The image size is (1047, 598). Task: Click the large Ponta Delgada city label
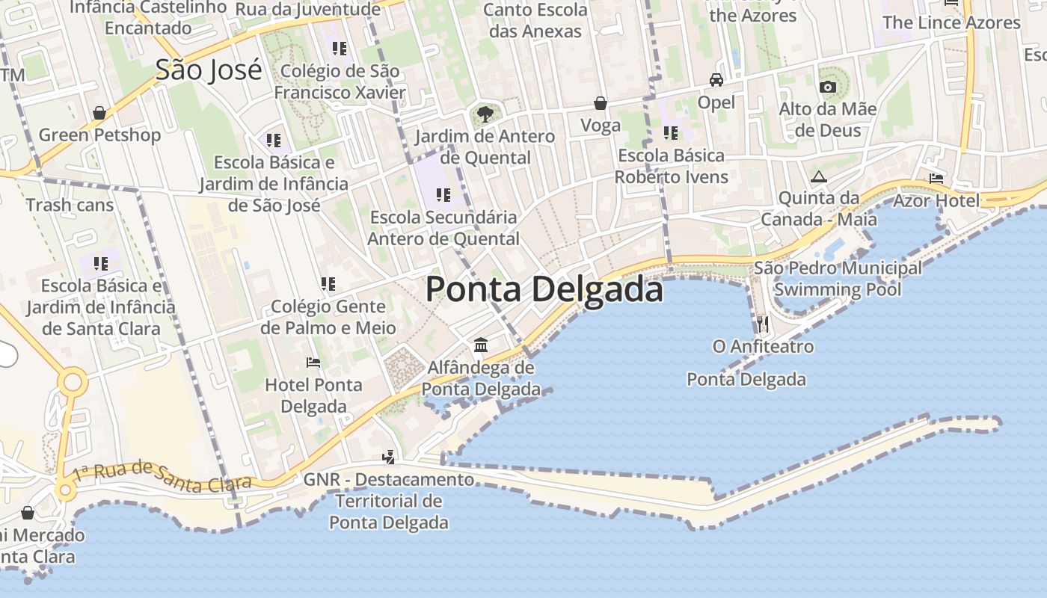click(544, 290)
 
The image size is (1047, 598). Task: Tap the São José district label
click(209, 70)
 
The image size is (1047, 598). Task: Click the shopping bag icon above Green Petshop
click(99, 113)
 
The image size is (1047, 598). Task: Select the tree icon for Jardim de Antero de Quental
click(485, 114)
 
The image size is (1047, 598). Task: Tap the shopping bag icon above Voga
click(601, 103)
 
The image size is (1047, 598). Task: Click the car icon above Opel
click(716, 80)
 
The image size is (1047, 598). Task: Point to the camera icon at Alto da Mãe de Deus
click(827, 87)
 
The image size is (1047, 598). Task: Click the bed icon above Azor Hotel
click(936, 179)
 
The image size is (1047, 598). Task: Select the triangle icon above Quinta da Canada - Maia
click(818, 177)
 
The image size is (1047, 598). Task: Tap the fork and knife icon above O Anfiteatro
click(762, 324)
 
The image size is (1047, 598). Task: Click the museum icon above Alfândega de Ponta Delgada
click(481, 345)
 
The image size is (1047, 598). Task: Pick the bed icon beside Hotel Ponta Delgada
click(313, 363)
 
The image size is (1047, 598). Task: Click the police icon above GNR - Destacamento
click(388, 457)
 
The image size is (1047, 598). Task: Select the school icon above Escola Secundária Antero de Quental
click(443, 195)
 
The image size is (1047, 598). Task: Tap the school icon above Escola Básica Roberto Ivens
click(671, 133)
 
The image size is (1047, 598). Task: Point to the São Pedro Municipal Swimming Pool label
click(838, 278)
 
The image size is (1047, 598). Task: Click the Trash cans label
click(70, 205)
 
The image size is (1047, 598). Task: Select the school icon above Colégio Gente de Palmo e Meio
click(328, 284)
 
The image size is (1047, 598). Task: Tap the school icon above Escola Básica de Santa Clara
click(101, 263)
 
